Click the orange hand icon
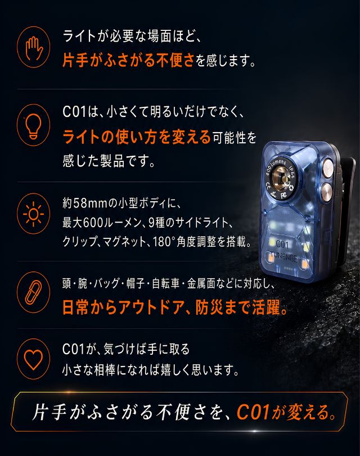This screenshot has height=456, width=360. point(33,47)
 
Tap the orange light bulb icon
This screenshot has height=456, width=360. point(33,125)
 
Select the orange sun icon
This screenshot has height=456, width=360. point(33,214)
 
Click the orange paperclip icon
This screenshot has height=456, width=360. point(33,292)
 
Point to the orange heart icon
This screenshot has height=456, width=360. point(33,359)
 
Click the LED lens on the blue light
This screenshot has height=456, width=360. point(281,178)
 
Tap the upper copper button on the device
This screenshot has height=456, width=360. point(327,168)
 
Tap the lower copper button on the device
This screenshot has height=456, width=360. point(327,192)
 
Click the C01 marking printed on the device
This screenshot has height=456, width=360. point(282,243)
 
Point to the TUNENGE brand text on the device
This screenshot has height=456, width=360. point(283,257)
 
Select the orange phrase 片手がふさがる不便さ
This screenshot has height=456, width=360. point(128,61)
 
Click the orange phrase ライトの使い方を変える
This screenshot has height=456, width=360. point(137,137)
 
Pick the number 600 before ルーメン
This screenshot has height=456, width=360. point(93,223)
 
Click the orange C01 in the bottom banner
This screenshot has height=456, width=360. point(253,412)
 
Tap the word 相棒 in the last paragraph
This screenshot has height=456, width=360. point(105,370)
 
